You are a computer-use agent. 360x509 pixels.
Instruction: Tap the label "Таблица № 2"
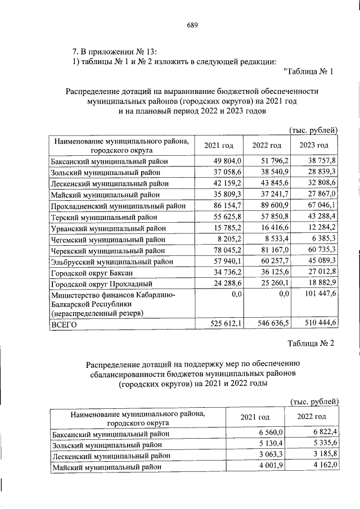(x=310, y=344)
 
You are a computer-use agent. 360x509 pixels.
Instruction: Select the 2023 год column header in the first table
(x=314, y=146)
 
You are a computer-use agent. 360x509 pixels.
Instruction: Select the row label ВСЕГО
(x=65, y=325)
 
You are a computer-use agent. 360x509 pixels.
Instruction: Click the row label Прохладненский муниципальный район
(x=118, y=206)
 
